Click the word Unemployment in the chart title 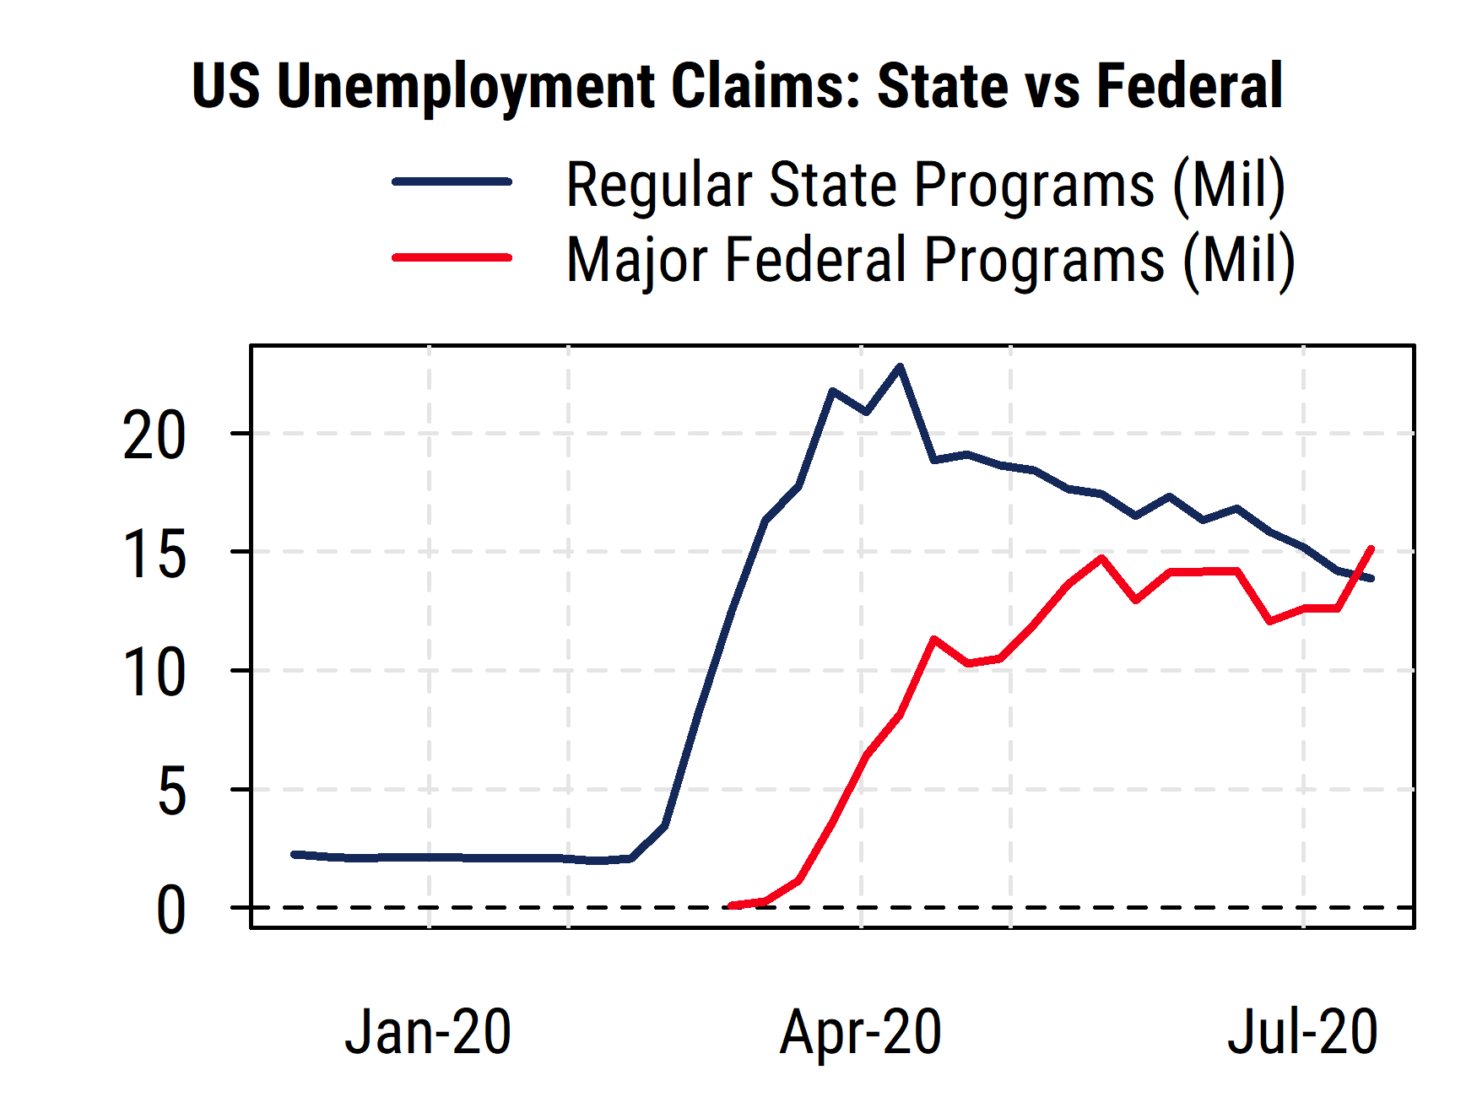click(465, 86)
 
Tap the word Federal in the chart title click(1189, 86)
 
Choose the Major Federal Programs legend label click(930, 259)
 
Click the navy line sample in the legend click(452, 181)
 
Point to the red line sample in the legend click(452, 257)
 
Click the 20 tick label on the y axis click(154, 436)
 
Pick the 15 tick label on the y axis click(154, 555)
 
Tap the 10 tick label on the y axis click(154, 673)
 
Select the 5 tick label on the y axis click(171, 792)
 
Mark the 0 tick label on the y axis click(171, 911)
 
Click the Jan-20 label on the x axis click(428, 1032)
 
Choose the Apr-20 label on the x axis click(860, 1032)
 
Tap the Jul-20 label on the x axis click(1302, 1032)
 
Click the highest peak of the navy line click(900, 366)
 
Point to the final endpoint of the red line click(1371, 548)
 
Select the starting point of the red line click(731, 905)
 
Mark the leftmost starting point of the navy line click(294, 855)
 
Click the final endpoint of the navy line click(1371, 578)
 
